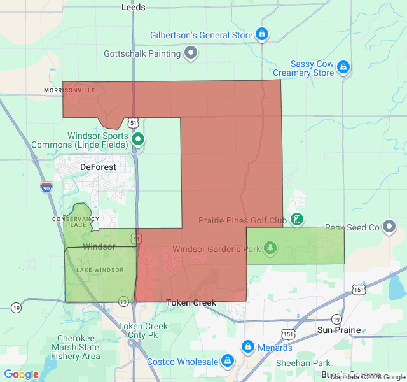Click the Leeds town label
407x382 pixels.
coord(134,7)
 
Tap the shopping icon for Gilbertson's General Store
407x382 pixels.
coord(261,34)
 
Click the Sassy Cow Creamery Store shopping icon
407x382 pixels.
coord(343,66)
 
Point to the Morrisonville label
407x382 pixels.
coord(69,90)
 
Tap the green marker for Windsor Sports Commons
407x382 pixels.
coord(138,139)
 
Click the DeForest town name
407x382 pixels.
coord(99,167)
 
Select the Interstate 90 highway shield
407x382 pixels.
coord(46,187)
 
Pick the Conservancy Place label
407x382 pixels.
coord(76,221)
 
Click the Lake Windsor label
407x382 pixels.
coord(100,270)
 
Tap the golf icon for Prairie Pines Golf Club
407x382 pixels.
coord(296,220)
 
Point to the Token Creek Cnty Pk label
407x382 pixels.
coord(143,330)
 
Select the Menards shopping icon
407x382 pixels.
coord(247,348)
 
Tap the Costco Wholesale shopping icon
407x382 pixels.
coord(226,362)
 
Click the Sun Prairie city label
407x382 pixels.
coord(339,330)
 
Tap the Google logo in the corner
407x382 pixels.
coord(22,374)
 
